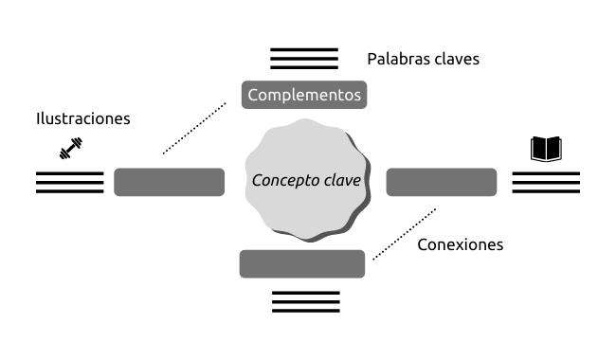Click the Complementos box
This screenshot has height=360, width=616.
(x=304, y=95)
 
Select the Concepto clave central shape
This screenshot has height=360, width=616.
(x=307, y=180)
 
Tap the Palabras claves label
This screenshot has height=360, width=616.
(x=423, y=60)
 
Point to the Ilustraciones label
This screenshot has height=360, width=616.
(x=82, y=118)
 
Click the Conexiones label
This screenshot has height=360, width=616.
(x=460, y=244)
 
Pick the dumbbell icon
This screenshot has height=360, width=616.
(x=71, y=149)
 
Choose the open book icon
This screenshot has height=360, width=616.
(x=546, y=149)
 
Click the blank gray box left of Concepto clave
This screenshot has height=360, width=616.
(x=169, y=182)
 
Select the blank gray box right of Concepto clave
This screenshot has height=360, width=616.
(x=442, y=182)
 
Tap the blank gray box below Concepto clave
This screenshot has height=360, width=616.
(x=302, y=263)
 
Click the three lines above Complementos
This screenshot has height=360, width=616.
(x=304, y=59)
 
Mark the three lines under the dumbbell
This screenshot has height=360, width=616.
(x=70, y=183)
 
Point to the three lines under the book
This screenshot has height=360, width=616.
(x=546, y=183)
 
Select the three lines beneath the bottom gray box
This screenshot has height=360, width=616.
(x=306, y=302)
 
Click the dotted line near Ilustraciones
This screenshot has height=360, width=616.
(x=194, y=128)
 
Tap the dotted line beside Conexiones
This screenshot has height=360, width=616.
(x=405, y=234)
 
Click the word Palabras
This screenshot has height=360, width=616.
(x=394, y=60)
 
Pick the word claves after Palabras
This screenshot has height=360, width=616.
(x=452, y=60)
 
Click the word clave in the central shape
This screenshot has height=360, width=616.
(x=343, y=180)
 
